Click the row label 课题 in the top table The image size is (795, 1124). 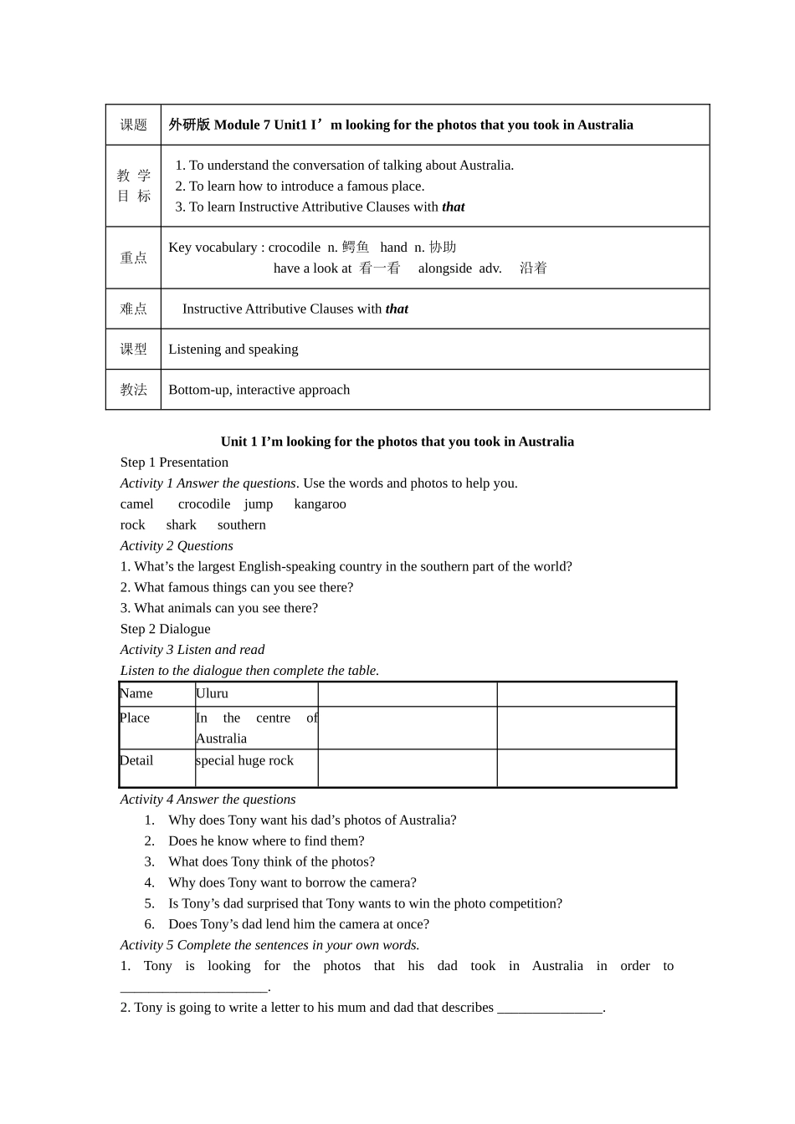pyautogui.click(x=133, y=125)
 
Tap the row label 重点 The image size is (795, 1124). pyautogui.click(x=133, y=258)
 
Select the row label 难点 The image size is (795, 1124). pyautogui.click(x=133, y=309)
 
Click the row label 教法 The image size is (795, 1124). pyautogui.click(x=133, y=390)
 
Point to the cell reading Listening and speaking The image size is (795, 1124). pyautogui.click(x=233, y=350)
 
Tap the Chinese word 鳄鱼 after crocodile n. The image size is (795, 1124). pyautogui.click(x=356, y=248)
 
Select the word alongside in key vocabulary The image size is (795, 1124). pyautogui.click(x=444, y=268)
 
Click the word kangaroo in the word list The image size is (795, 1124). pyautogui.click(x=320, y=504)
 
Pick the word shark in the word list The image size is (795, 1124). pyautogui.click(x=181, y=525)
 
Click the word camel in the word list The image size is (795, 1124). pyautogui.click(x=136, y=504)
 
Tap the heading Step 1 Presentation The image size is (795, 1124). pyautogui.click(x=174, y=462)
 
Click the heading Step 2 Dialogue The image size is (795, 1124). pyautogui.click(x=165, y=629)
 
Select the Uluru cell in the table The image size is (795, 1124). pyautogui.click(x=212, y=693)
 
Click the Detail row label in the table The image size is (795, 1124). pyautogui.click(x=136, y=760)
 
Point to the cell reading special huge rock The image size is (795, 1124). pyautogui.click(x=244, y=760)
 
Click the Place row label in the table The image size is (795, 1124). pyautogui.click(x=135, y=718)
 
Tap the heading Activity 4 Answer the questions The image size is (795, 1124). pyautogui.click(x=208, y=800)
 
